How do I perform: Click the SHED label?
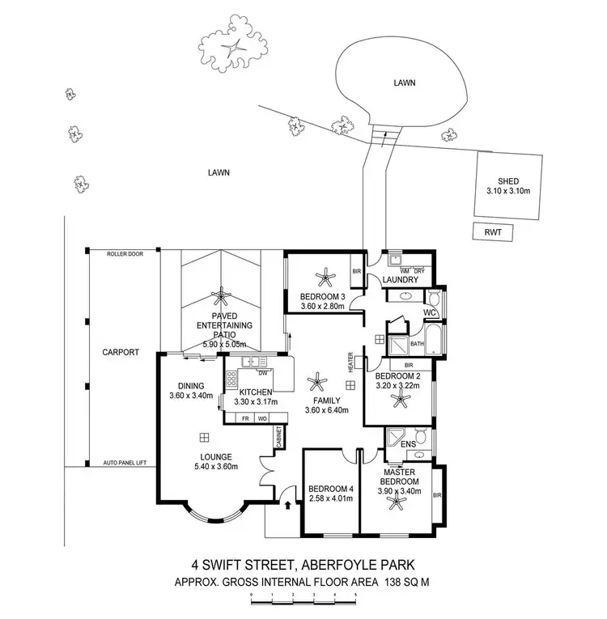[x=508, y=181]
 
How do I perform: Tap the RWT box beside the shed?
[x=493, y=232]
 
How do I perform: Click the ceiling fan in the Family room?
[x=318, y=379]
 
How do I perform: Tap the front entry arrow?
[x=289, y=505]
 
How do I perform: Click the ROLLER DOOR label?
[x=125, y=254]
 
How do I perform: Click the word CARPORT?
[x=121, y=353]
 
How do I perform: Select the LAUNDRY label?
[x=401, y=280]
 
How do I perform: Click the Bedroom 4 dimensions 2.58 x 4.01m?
[x=329, y=499]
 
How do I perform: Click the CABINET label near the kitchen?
[x=278, y=437]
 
